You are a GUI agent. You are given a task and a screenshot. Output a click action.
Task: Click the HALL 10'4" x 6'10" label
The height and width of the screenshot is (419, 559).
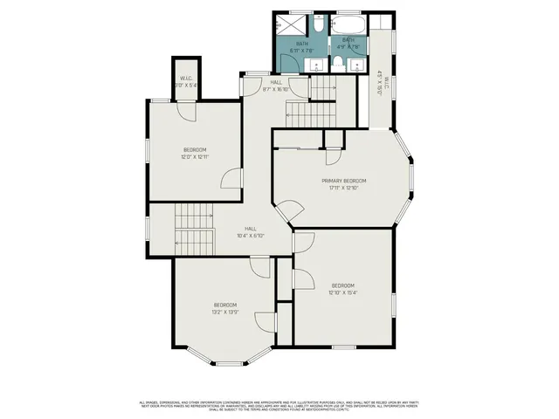(250, 231)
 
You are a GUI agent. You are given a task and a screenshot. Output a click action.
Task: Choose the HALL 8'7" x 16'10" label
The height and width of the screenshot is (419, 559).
(275, 86)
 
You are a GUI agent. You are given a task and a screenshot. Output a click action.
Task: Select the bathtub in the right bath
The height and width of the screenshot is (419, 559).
(349, 24)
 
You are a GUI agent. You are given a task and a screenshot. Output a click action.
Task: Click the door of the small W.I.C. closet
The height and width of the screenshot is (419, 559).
(187, 112)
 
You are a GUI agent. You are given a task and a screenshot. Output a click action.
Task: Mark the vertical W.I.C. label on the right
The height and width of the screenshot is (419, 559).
(381, 84)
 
